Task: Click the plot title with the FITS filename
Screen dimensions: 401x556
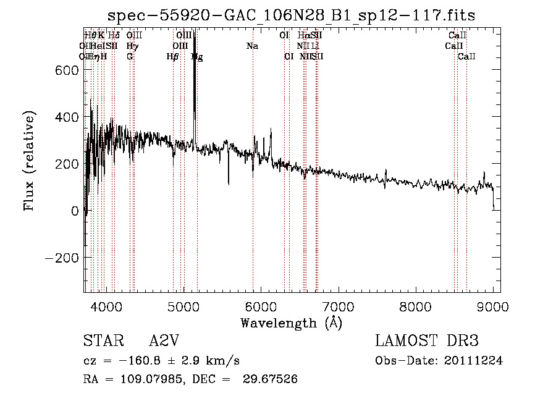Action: [x=292, y=15]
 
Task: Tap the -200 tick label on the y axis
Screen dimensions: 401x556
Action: [x=62, y=258]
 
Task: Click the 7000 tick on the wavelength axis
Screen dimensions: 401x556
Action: [x=338, y=305]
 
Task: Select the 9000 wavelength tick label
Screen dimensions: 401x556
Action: [x=493, y=305]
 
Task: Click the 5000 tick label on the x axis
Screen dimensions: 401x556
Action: [x=183, y=305]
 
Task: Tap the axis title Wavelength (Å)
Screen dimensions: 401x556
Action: [x=291, y=323]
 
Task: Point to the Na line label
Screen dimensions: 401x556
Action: [x=252, y=46]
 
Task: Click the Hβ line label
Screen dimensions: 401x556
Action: [x=172, y=56]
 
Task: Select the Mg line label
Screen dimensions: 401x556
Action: [x=197, y=56]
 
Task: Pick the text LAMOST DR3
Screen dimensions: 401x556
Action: [x=427, y=341]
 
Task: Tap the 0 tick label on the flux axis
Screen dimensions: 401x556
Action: [x=74, y=211]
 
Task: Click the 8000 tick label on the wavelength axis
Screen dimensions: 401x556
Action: [x=416, y=305]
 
